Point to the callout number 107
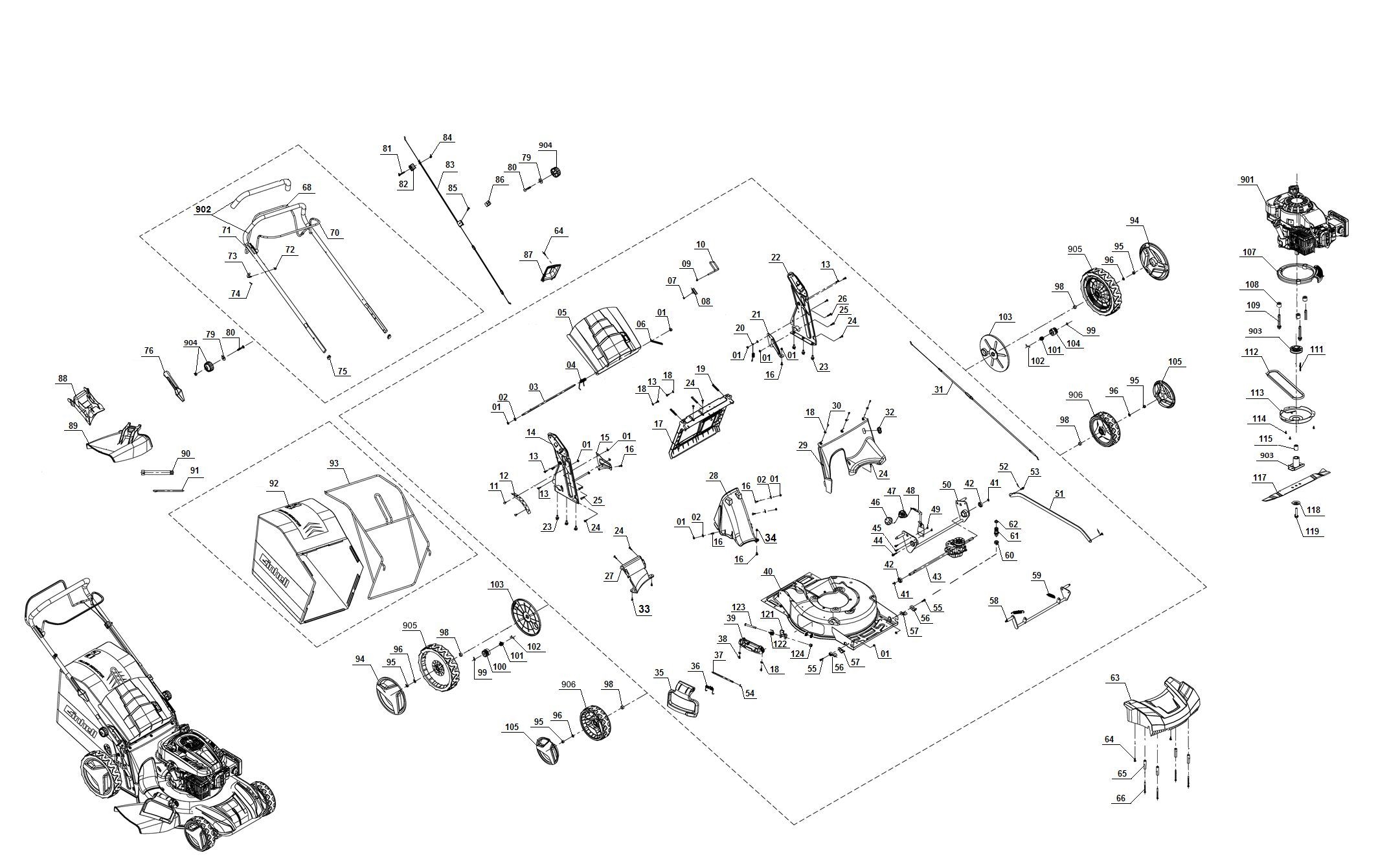click(x=1249, y=252)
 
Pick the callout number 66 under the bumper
click(x=1121, y=798)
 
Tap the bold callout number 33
click(x=644, y=609)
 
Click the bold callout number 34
click(x=770, y=538)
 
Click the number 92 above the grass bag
click(x=274, y=483)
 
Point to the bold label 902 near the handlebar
click(x=203, y=210)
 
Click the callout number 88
click(x=62, y=378)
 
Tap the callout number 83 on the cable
click(x=449, y=165)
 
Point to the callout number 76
click(x=149, y=351)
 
